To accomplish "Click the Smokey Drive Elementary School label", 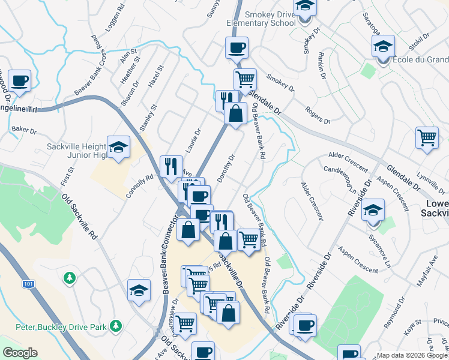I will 261,19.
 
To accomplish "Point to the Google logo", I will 20,353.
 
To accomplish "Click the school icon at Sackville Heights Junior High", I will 119,147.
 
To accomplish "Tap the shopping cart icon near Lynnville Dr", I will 427,137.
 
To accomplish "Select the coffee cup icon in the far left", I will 19,80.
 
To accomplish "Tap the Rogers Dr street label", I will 318,112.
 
